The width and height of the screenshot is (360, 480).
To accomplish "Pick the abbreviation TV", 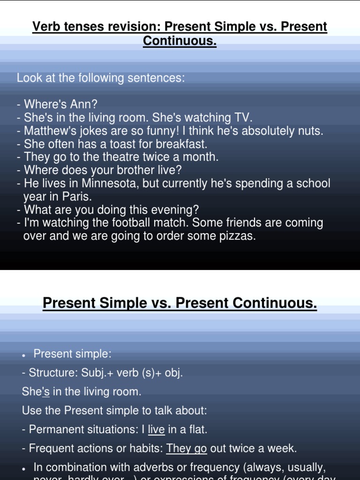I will [x=244, y=118].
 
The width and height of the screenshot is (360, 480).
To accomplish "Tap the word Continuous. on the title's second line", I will [x=180, y=41].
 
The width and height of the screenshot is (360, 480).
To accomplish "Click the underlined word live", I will [x=156, y=429].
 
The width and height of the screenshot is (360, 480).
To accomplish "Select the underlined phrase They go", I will [x=187, y=449].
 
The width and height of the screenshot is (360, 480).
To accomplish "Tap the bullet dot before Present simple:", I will [x=24, y=355].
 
